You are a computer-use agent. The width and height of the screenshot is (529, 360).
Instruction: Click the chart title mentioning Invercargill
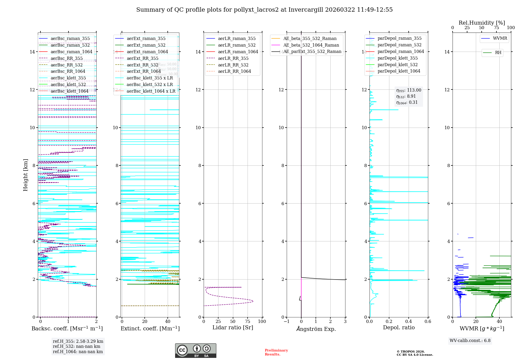(x=264, y=10)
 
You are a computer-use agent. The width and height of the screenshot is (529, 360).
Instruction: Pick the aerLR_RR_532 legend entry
(x=233, y=65)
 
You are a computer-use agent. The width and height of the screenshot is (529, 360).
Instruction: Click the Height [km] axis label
(x=25, y=175)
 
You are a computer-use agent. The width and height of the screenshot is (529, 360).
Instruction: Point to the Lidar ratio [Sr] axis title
(x=233, y=328)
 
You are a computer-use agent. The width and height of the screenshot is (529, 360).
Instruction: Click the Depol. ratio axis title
(x=399, y=328)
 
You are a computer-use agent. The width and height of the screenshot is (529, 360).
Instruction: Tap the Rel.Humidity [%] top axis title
(x=482, y=23)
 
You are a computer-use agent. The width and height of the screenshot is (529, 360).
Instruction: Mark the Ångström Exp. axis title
(x=316, y=329)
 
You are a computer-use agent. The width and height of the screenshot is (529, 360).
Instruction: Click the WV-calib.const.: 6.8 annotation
(x=470, y=341)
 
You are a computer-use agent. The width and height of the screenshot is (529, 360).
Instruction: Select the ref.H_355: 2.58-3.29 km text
(x=78, y=341)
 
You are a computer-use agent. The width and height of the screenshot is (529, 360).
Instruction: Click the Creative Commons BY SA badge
(x=195, y=351)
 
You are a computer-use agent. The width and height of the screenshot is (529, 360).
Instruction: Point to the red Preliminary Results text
(x=276, y=352)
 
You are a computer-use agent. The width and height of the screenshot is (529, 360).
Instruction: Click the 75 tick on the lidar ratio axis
(x=248, y=322)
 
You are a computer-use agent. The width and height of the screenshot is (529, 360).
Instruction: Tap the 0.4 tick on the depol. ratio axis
(x=408, y=322)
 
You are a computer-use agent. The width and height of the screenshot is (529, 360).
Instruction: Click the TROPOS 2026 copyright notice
(x=414, y=353)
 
